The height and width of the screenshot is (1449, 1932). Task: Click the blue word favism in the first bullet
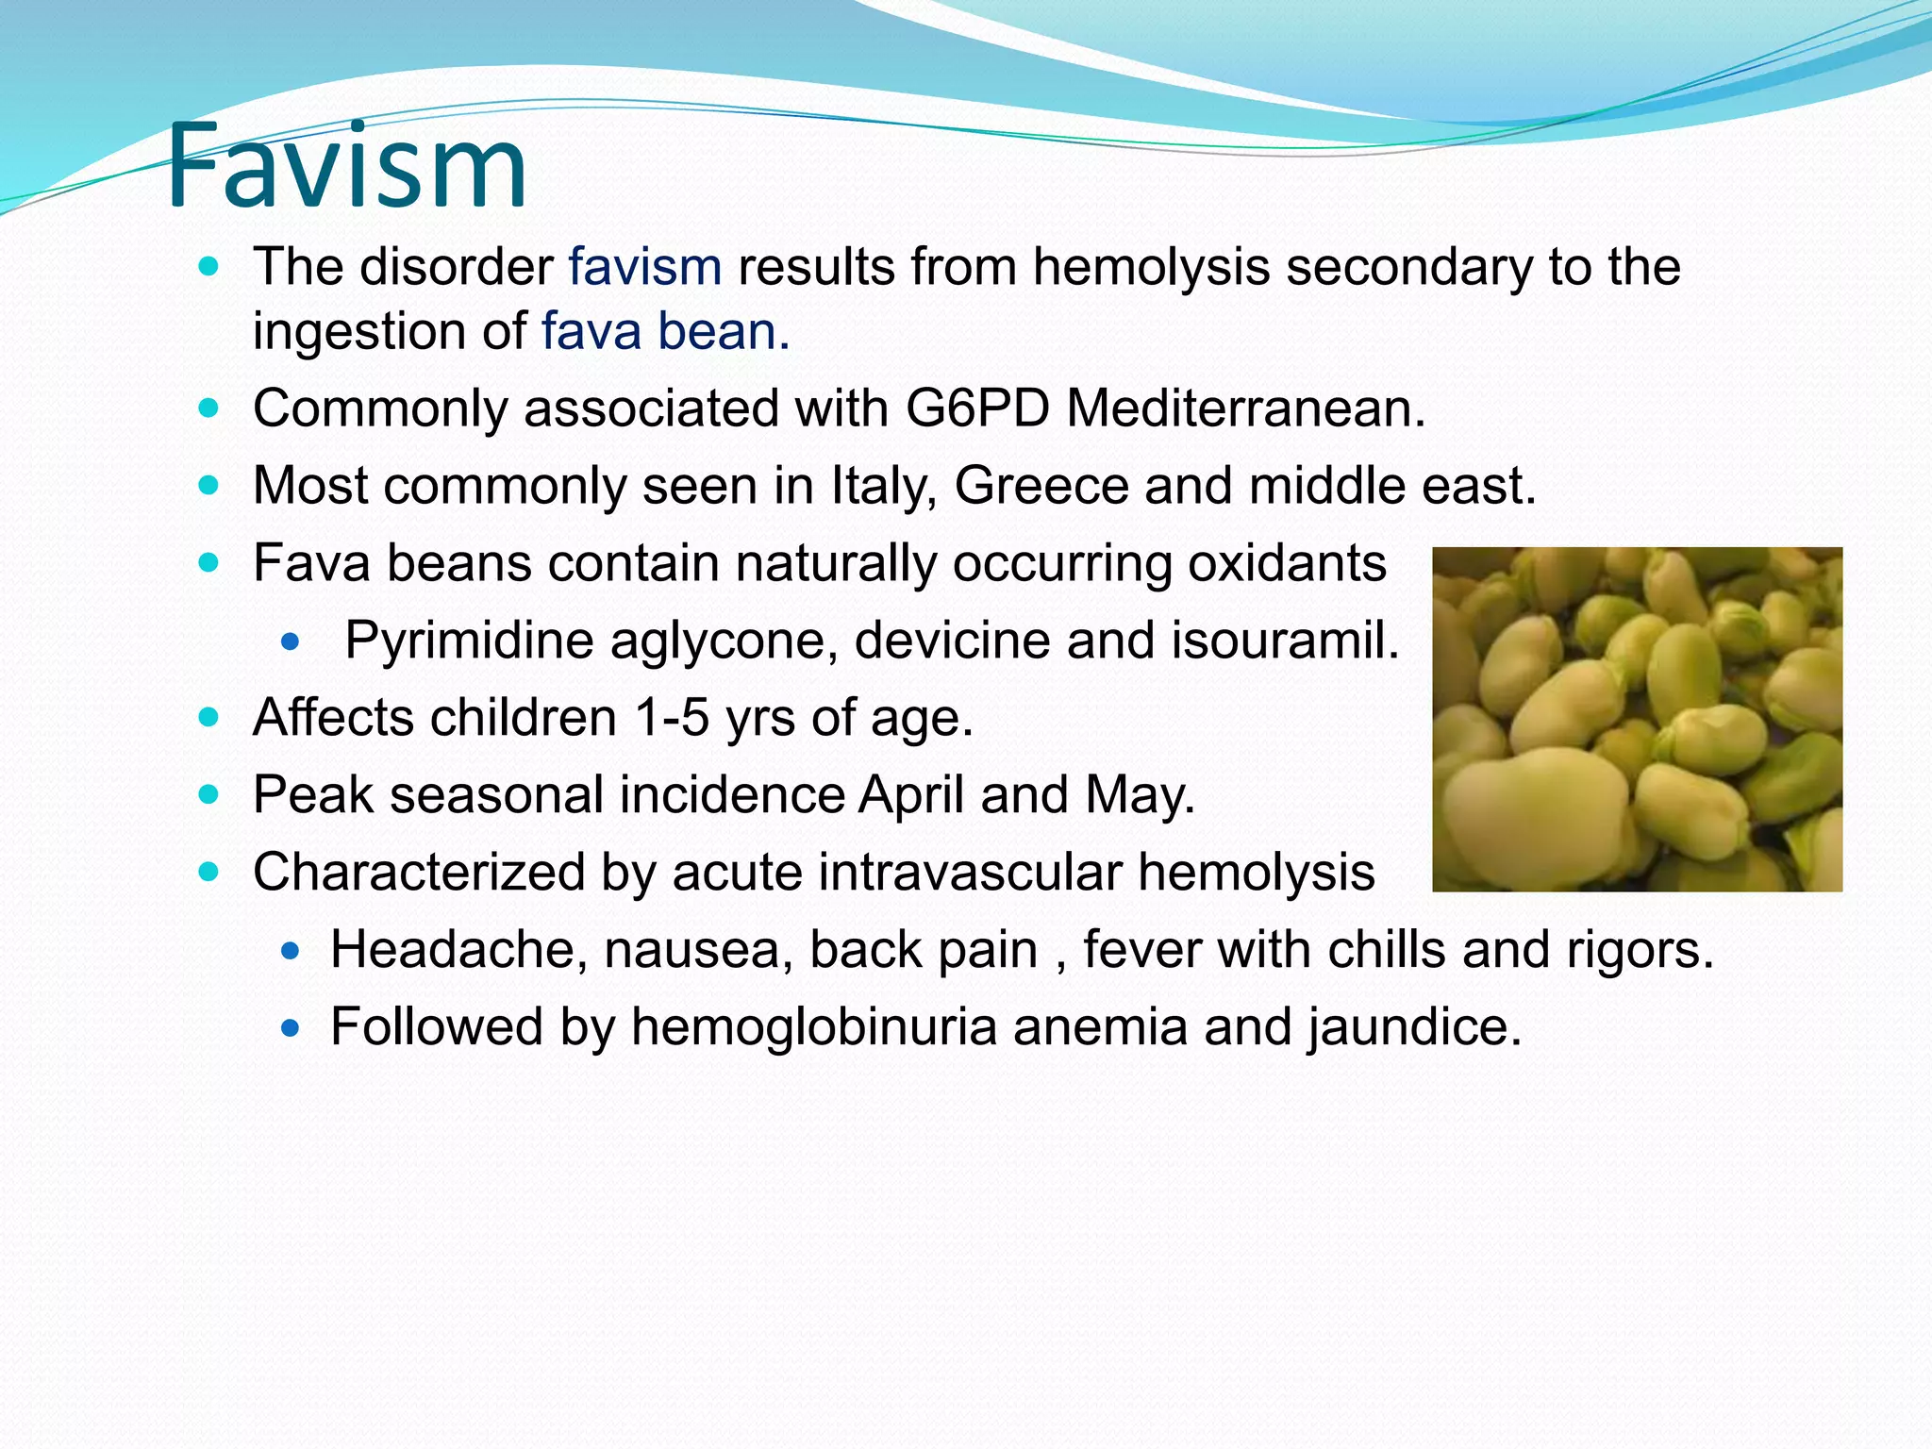coord(644,267)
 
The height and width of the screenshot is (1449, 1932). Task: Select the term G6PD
coord(977,409)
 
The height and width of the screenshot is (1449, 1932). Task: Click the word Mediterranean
coord(1245,409)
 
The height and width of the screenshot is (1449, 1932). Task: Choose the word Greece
coord(1041,487)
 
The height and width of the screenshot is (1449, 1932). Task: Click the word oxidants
coord(1286,564)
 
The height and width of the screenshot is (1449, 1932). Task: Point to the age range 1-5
coord(672,718)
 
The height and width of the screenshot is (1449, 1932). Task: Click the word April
coord(910,796)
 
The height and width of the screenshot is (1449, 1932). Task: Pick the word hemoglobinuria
coord(814,1027)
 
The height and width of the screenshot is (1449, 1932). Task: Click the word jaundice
coord(1414,1027)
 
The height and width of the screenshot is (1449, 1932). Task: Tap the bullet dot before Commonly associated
coord(209,409)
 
